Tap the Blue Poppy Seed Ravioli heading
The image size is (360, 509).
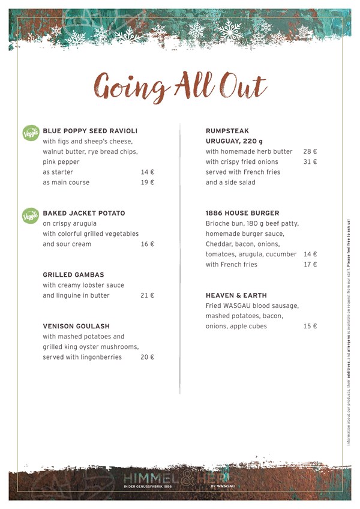point(90,131)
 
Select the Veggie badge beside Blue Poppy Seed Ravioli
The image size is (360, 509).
point(30,132)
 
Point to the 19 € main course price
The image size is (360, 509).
point(148,182)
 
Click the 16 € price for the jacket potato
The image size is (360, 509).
point(148,244)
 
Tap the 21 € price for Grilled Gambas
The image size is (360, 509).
point(148,296)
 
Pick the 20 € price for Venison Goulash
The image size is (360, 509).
point(148,357)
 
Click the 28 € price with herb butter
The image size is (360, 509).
point(310,152)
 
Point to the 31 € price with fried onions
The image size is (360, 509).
point(310,162)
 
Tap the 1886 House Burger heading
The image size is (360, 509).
point(242,213)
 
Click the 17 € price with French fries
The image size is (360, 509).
point(310,264)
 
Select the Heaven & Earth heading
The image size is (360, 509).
point(236,296)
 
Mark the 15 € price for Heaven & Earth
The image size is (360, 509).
point(310,327)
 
